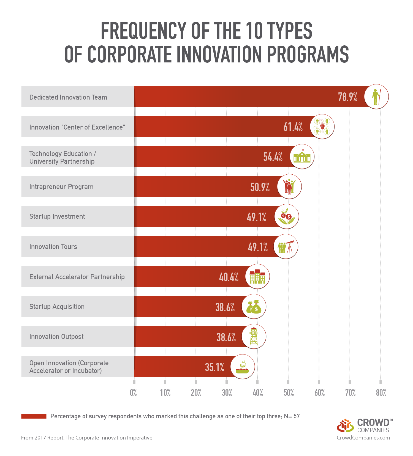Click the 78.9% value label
pos(347,97)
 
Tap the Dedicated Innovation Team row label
pos(68,97)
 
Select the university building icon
pos(302,157)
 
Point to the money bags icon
pos(254,307)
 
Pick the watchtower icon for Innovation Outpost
pos(254,337)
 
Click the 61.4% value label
pos(293,127)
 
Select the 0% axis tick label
pos(134,393)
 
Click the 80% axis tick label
pos(381,393)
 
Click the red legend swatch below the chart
pos(34,416)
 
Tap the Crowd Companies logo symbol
pos(345,426)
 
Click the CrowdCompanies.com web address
pos(363,438)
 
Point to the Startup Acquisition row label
pos(57,306)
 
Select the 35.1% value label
pos(214,367)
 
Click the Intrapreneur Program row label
pos(61,186)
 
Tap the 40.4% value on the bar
pos(229,277)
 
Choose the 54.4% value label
pos(273,157)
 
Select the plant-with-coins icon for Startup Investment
pos(287,216)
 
